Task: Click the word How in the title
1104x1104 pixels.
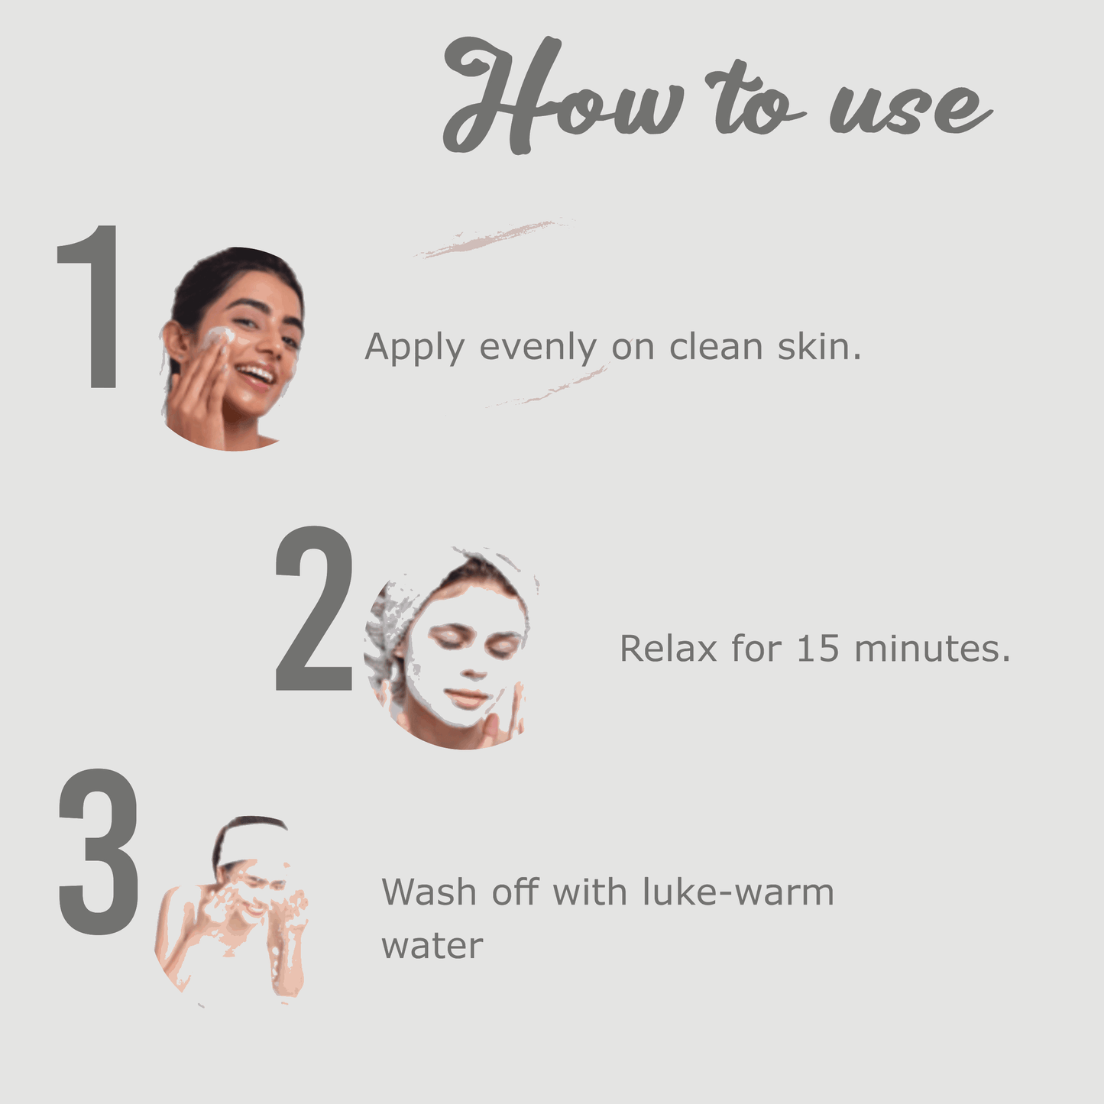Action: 565,95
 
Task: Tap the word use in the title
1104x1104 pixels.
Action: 911,106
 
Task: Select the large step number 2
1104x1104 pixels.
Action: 313,608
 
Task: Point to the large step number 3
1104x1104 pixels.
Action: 98,852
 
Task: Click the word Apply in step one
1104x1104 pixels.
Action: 414,348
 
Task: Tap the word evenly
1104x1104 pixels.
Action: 537,348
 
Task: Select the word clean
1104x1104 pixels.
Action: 716,347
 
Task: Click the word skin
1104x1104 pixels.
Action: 819,346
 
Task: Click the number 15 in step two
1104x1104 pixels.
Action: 818,649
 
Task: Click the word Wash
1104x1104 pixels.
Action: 429,892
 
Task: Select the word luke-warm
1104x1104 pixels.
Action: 739,892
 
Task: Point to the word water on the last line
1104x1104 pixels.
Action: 432,946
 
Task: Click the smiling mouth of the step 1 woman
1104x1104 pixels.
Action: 257,375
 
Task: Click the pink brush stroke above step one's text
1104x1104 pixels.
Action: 493,237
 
